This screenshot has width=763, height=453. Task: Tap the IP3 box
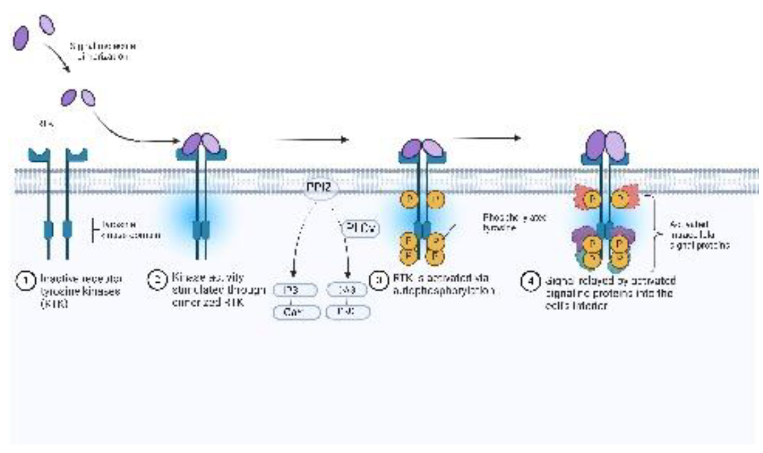pyautogui.click(x=291, y=290)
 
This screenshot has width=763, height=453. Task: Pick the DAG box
pyautogui.click(x=348, y=290)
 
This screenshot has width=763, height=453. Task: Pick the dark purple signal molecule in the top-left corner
pyautogui.click(x=20, y=37)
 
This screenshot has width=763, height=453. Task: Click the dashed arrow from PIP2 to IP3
pyautogui.click(x=297, y=238)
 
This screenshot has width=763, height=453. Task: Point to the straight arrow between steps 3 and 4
pyautogui.click(x=487, y=138)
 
